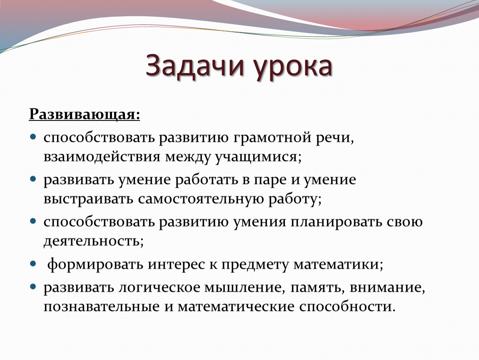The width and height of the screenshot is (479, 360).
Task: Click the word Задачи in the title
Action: point(195,66)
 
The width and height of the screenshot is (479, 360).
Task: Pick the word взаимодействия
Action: point(102,157)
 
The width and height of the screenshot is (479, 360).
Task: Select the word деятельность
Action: point(93,241)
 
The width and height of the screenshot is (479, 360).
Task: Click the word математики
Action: point(338,265)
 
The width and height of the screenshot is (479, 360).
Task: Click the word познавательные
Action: point(102,307)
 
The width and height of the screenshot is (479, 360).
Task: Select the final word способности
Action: point(347,307)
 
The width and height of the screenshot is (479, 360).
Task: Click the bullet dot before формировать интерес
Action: point(33,263)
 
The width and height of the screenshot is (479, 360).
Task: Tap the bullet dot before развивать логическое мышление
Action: point(33,286)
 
